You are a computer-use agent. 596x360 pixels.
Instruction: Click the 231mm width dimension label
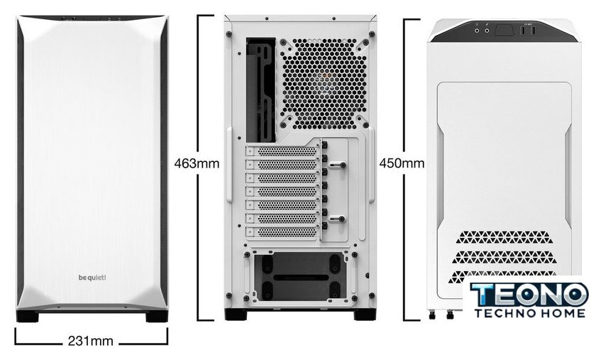click(x=91, y=341)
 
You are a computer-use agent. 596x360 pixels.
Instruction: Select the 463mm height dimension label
click(x=197, y=163)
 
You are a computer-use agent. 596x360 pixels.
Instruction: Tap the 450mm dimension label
click(x=402, y=163)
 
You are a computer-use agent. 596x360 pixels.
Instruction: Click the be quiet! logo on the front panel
click(x=92, y=278)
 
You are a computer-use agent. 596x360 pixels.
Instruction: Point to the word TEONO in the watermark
click(x=529, y=294)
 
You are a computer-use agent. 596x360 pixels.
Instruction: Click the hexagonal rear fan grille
click(x=324, y=83)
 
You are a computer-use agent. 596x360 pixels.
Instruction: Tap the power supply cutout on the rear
click(x=300, y=277)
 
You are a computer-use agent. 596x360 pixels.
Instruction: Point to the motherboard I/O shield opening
click(x=261, y=89)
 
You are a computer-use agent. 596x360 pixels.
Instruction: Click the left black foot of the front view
click(x=28, y=316)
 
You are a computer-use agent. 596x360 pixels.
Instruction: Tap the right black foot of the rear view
click(x=365, y=315)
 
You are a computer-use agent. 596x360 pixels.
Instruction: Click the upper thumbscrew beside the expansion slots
click(x=338, y=165)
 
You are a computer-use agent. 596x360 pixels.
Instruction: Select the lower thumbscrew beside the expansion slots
click(x=338, y=219)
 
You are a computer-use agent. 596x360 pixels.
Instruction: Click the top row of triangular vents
click(x=503, y=237)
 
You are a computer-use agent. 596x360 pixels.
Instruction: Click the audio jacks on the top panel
click(x=482, y=31)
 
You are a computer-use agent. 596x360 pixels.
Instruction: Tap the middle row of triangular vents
click(x=504, y=257)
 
